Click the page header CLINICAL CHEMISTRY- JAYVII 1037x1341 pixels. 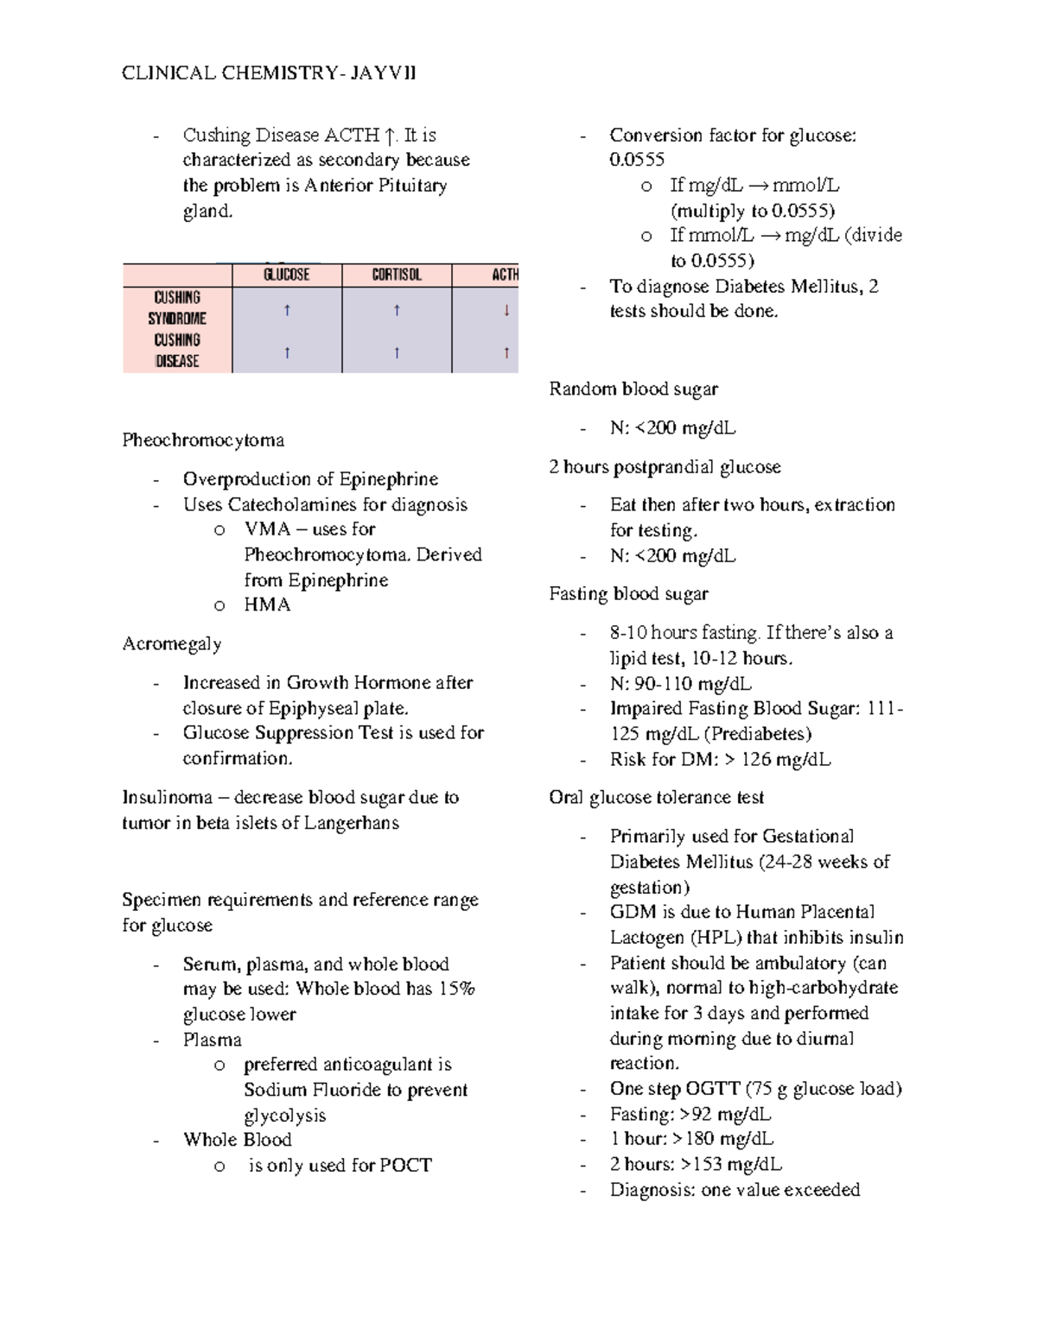[269, 73]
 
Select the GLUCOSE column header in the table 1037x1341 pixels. [286, 275]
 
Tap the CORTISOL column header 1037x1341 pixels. [397, 275]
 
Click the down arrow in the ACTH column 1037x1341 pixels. [506, 310]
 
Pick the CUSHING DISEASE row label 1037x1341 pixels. [177, 351]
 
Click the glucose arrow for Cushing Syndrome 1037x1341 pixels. [287, 310]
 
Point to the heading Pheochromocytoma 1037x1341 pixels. [203, 440]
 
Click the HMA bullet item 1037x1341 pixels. [267, 605]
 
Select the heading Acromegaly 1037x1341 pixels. [172, 644]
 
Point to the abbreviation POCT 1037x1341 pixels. [405, 1166]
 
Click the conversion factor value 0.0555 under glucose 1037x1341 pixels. [637, 160]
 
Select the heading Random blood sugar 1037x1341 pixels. [633, 389]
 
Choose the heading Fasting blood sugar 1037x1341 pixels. [628, 594]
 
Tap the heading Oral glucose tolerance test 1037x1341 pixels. [656, 798]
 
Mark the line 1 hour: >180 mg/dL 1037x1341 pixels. [691, 1139]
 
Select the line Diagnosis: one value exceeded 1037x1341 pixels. [735, 1190]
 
